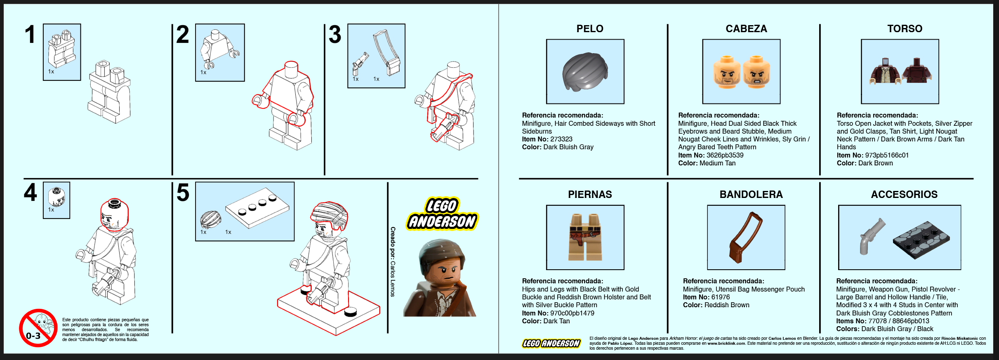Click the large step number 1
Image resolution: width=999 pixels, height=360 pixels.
(30, 34)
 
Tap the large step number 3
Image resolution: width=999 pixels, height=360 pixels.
(335, 34)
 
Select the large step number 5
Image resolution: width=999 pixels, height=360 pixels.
(183, 193)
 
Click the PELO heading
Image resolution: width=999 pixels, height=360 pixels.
(590, 28)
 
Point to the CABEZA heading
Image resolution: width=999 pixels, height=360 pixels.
(746, 28)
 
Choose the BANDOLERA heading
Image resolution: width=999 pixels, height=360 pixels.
(751, 194)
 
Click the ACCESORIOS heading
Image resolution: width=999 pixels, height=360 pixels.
(904, 194)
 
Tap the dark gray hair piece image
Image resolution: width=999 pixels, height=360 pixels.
(585, 71)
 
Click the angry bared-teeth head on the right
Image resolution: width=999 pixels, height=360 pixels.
(756, 72)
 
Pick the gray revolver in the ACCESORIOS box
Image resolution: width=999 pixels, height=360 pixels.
(871, 236)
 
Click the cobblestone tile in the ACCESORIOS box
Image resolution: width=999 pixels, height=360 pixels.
(921, 240)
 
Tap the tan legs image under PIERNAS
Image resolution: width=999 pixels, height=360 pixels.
(585, 237)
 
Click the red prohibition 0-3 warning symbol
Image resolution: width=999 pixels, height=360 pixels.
(38, 328)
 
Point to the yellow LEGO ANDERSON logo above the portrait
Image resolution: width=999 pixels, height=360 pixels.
(442, 214)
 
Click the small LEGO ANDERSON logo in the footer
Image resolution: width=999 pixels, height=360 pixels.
(551, 343)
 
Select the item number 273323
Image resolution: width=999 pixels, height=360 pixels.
(561, 139)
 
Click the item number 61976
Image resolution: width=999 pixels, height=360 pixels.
(721, 297)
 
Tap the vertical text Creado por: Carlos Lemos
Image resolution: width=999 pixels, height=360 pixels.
(393, 261)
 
